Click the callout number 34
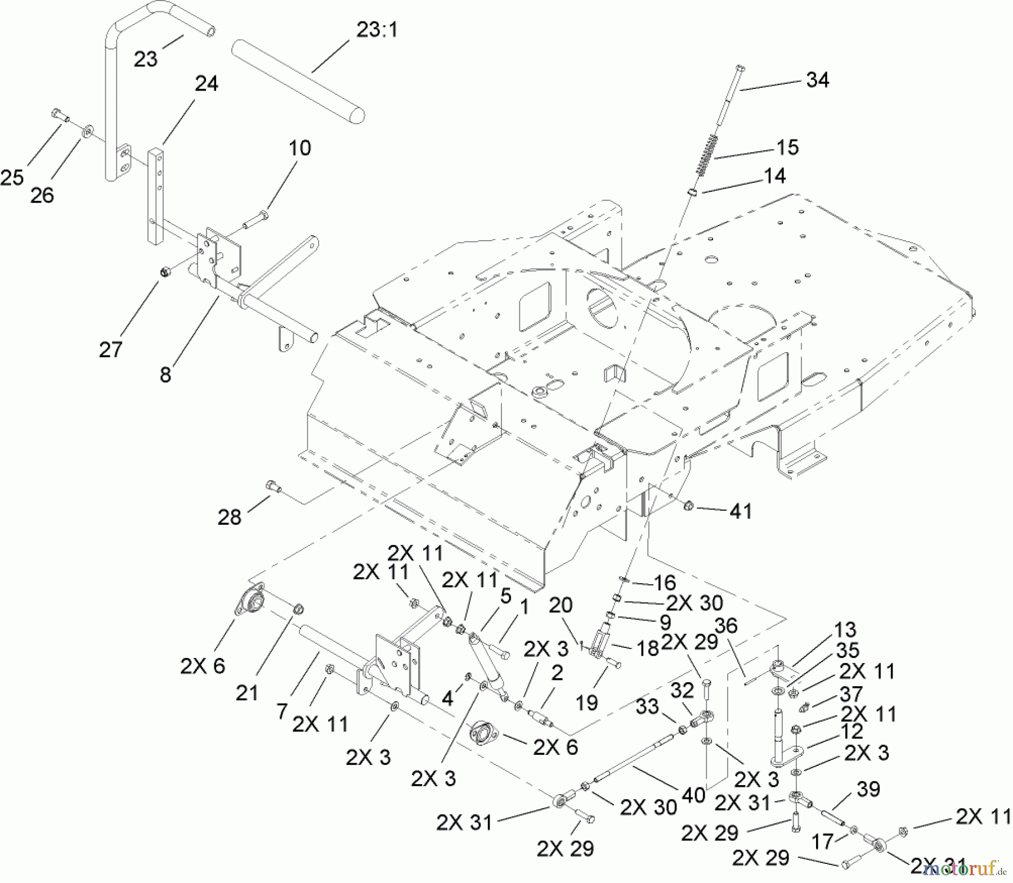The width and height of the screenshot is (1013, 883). coord(817,80)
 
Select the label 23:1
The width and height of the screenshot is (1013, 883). coord(376,30)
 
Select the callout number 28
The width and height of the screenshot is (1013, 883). coord(229,517)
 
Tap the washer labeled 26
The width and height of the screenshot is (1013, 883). coord(88,133)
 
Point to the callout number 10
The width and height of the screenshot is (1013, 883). coord(299,148)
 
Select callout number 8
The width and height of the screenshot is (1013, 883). coord(165,375)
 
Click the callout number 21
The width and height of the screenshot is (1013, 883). coord(246,692)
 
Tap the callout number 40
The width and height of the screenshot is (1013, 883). coord(693,795)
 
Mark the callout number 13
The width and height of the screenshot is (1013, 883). coord(845,629)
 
